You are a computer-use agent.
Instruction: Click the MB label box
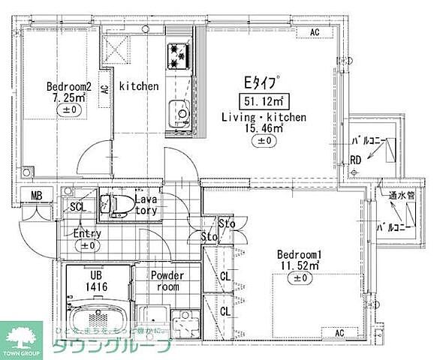click(x=36, y=197)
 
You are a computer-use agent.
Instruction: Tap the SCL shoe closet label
click(x=77, y=207)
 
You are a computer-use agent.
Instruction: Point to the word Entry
click(x=88, y=234)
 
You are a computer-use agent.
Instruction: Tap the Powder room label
click(x=167, y=280)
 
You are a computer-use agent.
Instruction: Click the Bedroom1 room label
click(x=300, y=253)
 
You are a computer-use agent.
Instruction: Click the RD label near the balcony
click(x=356, y=159)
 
